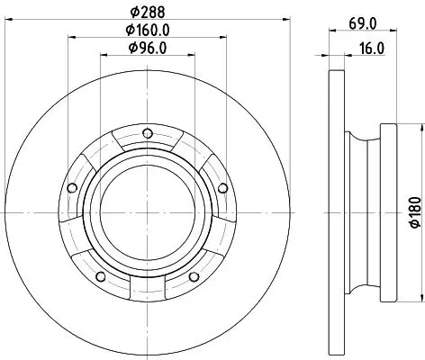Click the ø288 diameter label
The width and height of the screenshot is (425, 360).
click(146, 13)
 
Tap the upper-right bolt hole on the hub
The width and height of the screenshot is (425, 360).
click(222, 187)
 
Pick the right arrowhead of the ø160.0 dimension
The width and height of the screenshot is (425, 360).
click(219, 37)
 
